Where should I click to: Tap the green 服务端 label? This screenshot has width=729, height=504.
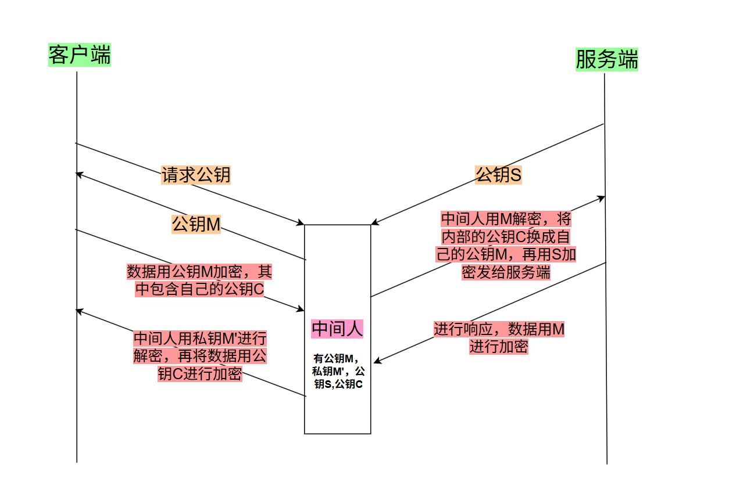[x=606, y=59]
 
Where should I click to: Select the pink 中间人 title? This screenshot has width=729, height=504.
[x=338, y=329]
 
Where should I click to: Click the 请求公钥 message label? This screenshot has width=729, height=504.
[x=196, y=175]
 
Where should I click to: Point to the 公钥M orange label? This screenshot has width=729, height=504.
[x=196, y=224]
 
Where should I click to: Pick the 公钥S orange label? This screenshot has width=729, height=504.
[x=498, y=174]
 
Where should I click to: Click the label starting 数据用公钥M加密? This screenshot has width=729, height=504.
[x=199, y=280]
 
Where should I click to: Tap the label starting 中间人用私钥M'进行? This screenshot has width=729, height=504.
[x=199, y=355]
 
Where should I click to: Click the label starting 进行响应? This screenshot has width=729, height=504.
[x=499, y=338]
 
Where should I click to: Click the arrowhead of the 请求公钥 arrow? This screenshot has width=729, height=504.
[x=301, y=223]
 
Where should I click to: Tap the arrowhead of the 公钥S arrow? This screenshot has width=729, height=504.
[x=375, y=222]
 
